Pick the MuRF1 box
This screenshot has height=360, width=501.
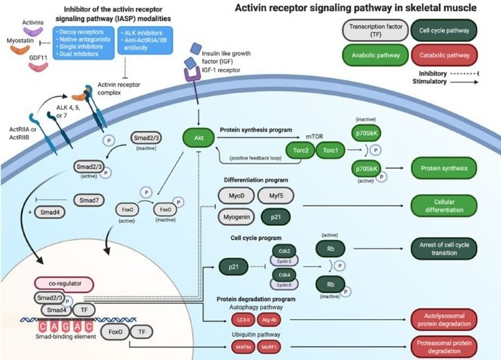tap(271, 349)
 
